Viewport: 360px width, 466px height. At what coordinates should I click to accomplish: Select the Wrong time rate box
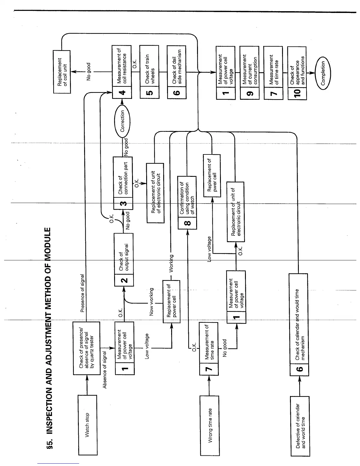point(209,425)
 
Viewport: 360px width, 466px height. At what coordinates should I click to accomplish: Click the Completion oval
point(323,73)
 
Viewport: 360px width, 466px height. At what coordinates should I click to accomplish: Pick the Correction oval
point(122,121)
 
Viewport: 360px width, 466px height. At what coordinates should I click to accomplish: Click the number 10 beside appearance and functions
point(297,93)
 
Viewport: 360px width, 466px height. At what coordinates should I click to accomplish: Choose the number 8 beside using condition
point(187,223)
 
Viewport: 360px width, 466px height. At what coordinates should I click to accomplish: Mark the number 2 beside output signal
point(124,279)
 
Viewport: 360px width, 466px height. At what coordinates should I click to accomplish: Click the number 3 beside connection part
point(123,203)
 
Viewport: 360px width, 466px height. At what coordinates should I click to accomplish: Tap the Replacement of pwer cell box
point(212,176)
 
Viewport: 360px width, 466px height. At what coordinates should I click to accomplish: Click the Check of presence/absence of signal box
point(86,348)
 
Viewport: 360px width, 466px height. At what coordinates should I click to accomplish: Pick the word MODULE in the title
point(49,244)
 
